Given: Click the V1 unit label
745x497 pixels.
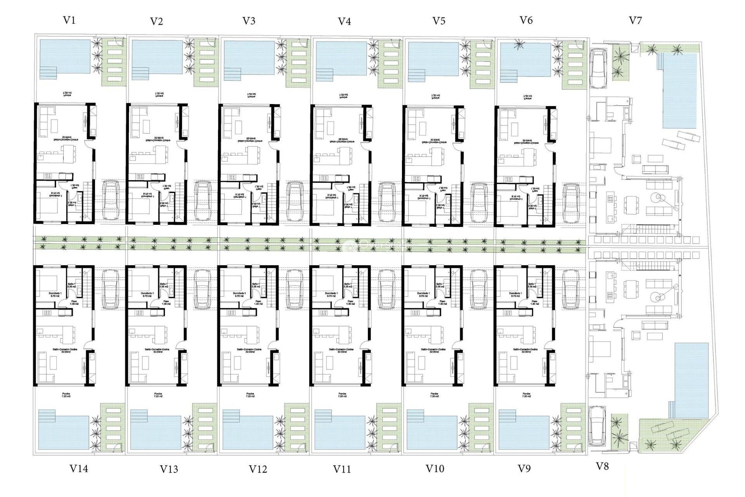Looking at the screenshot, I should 69,20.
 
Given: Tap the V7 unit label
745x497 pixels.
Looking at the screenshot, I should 635,20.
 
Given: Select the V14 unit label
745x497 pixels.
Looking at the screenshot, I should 78,469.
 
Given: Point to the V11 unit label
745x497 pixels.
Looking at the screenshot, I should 342,469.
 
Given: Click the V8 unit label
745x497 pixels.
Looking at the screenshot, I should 602,466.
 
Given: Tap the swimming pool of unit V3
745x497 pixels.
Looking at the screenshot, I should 249,57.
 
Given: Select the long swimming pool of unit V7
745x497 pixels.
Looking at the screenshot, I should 679,91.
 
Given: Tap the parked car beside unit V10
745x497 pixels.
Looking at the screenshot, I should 479,289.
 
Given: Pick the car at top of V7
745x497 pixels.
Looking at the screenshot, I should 598,68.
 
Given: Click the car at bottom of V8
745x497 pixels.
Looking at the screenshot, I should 597,426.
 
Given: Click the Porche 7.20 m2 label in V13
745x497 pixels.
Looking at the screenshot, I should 158,395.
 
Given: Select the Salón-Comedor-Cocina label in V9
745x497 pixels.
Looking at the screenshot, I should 525,350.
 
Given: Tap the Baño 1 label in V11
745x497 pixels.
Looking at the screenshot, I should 348,285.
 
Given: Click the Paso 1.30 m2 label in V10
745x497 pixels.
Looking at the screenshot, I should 442,302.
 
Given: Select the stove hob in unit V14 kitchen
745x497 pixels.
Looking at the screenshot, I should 48,313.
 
